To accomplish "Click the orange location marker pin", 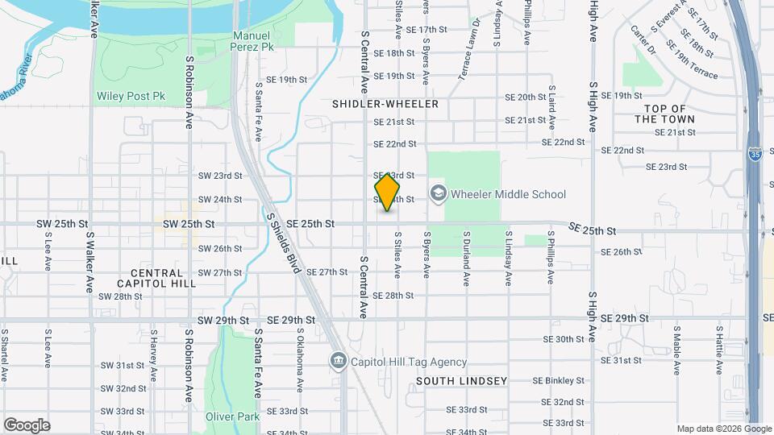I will pyautogui.click(x=388, y=192).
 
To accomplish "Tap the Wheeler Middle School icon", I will pyautogui.click(x=438, y=193).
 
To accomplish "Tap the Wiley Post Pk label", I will pyautogui.click(x=131, y=96).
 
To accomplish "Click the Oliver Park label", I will pyautogui.click(x=232, y=416).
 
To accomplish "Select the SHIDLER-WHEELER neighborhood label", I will pyautogui.click(x=385, y=104).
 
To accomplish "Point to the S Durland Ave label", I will pyautogui.click(x=466, y=259).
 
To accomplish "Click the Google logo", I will pyautogui.click(x=27, y=425).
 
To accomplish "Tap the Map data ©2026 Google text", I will pyautogui.click(x=723, y=429).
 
